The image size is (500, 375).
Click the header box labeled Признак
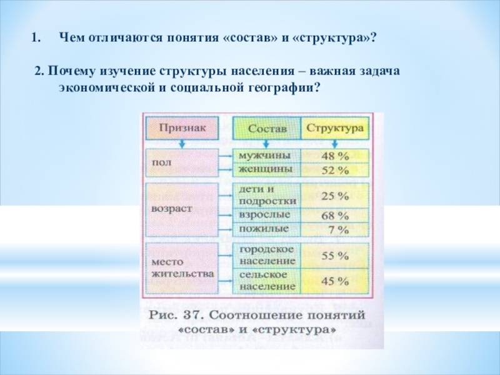click(x=182, y=128)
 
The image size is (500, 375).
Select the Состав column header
click(x=267, y=128)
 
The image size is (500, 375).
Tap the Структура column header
click(x=335, y=128)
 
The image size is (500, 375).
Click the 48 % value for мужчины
click(x=335, y=156)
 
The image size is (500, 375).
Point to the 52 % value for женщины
click(x=335, y=170)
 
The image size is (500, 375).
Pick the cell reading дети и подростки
click(x=267, y=196)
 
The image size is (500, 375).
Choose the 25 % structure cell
click(x=335, y=196)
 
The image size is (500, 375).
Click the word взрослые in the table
click(x=264, y=215)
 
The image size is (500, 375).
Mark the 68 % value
click(x=335, y=216)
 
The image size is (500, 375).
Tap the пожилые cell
click(x=267, y=229)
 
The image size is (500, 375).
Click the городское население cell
click(x=267, y=256)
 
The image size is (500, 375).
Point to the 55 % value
click(x=335, y=256)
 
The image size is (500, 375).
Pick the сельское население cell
click(x=267, y=281)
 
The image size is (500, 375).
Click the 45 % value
click(x=335, y=281)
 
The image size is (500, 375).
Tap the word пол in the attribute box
click(x=161, y=162)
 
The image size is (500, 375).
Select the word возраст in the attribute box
click(x=171, y=209)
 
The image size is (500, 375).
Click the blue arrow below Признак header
click(x=182, y=144)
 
